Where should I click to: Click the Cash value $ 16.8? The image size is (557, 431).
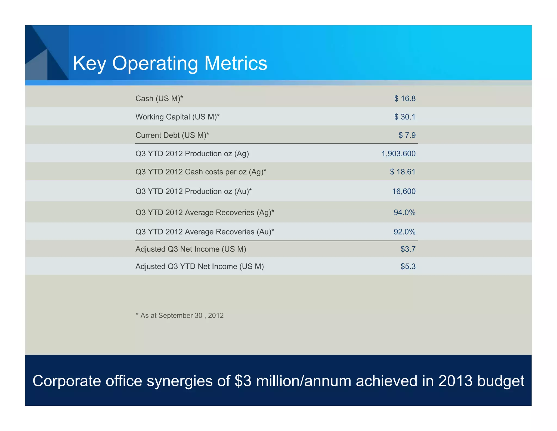405,98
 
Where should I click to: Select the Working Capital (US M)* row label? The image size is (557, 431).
177,117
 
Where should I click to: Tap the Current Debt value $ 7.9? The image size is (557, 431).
407,135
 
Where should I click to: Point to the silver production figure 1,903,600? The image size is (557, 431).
398,154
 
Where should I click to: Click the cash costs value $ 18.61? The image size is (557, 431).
403,172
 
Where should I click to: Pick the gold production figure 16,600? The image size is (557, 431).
404,191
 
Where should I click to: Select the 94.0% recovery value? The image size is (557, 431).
404,213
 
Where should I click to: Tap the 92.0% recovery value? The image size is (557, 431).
404,232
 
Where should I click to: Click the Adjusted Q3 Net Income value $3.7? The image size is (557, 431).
408,249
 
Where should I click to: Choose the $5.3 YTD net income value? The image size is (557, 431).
408,266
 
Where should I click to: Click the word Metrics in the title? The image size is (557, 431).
236,63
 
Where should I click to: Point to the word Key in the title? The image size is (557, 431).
89,63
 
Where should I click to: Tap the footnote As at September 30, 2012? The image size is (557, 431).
182,315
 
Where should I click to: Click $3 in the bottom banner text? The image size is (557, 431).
243,381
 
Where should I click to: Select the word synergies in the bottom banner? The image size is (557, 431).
180,381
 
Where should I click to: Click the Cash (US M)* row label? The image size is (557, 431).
159,98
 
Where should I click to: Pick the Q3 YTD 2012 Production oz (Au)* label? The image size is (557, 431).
193,191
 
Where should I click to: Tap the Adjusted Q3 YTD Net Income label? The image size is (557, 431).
199,266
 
